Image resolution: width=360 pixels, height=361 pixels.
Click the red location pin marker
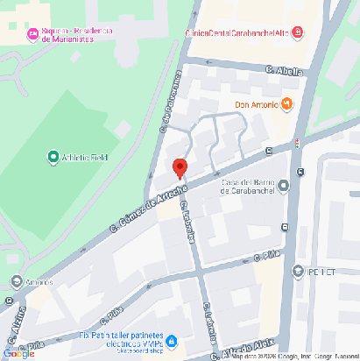click(x=180, y=167)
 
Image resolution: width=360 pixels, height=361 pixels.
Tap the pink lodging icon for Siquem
click(x=33, y=34)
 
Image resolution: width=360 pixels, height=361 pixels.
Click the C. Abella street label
click(x=290, y=71)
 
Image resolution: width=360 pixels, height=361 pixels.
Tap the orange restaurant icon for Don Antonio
click(x=286, y=105)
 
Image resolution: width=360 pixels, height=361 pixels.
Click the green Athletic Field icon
click(x=53, y=158)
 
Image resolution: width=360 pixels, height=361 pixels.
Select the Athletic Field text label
click(x=85, y=159)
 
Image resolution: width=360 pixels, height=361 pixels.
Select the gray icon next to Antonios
click(x=17, y=282)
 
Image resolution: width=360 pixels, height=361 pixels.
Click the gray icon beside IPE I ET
click(x=300, y=271)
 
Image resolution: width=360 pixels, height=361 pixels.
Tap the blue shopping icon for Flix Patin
click(x=172, y=340)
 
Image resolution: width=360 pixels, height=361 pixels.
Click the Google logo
click(x=18, y=353)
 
